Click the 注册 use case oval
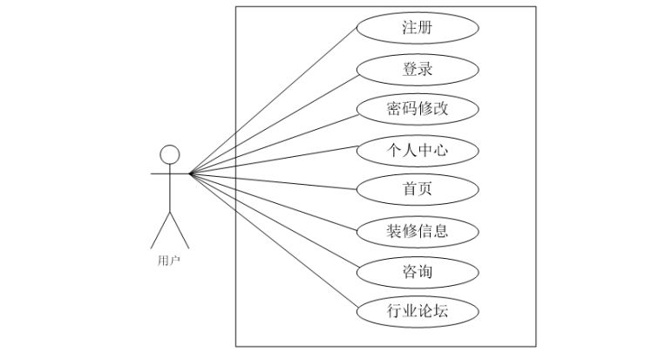tap(418, 28)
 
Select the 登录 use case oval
tap(418, 69)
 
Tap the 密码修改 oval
tap(418, 109)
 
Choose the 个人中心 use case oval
tap(418, 150)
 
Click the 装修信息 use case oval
tap(418, 231)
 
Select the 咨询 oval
tap(418, 271)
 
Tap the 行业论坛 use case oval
tap(418, 311)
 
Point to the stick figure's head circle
tap(169, 153)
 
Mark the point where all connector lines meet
tap(189, 173)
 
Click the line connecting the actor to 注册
tap(274, 101)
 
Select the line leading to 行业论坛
tap(274, 241)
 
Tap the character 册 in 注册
tap(426, 28)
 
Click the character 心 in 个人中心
tap(442, 150)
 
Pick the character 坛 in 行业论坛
tap(442, 311)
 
